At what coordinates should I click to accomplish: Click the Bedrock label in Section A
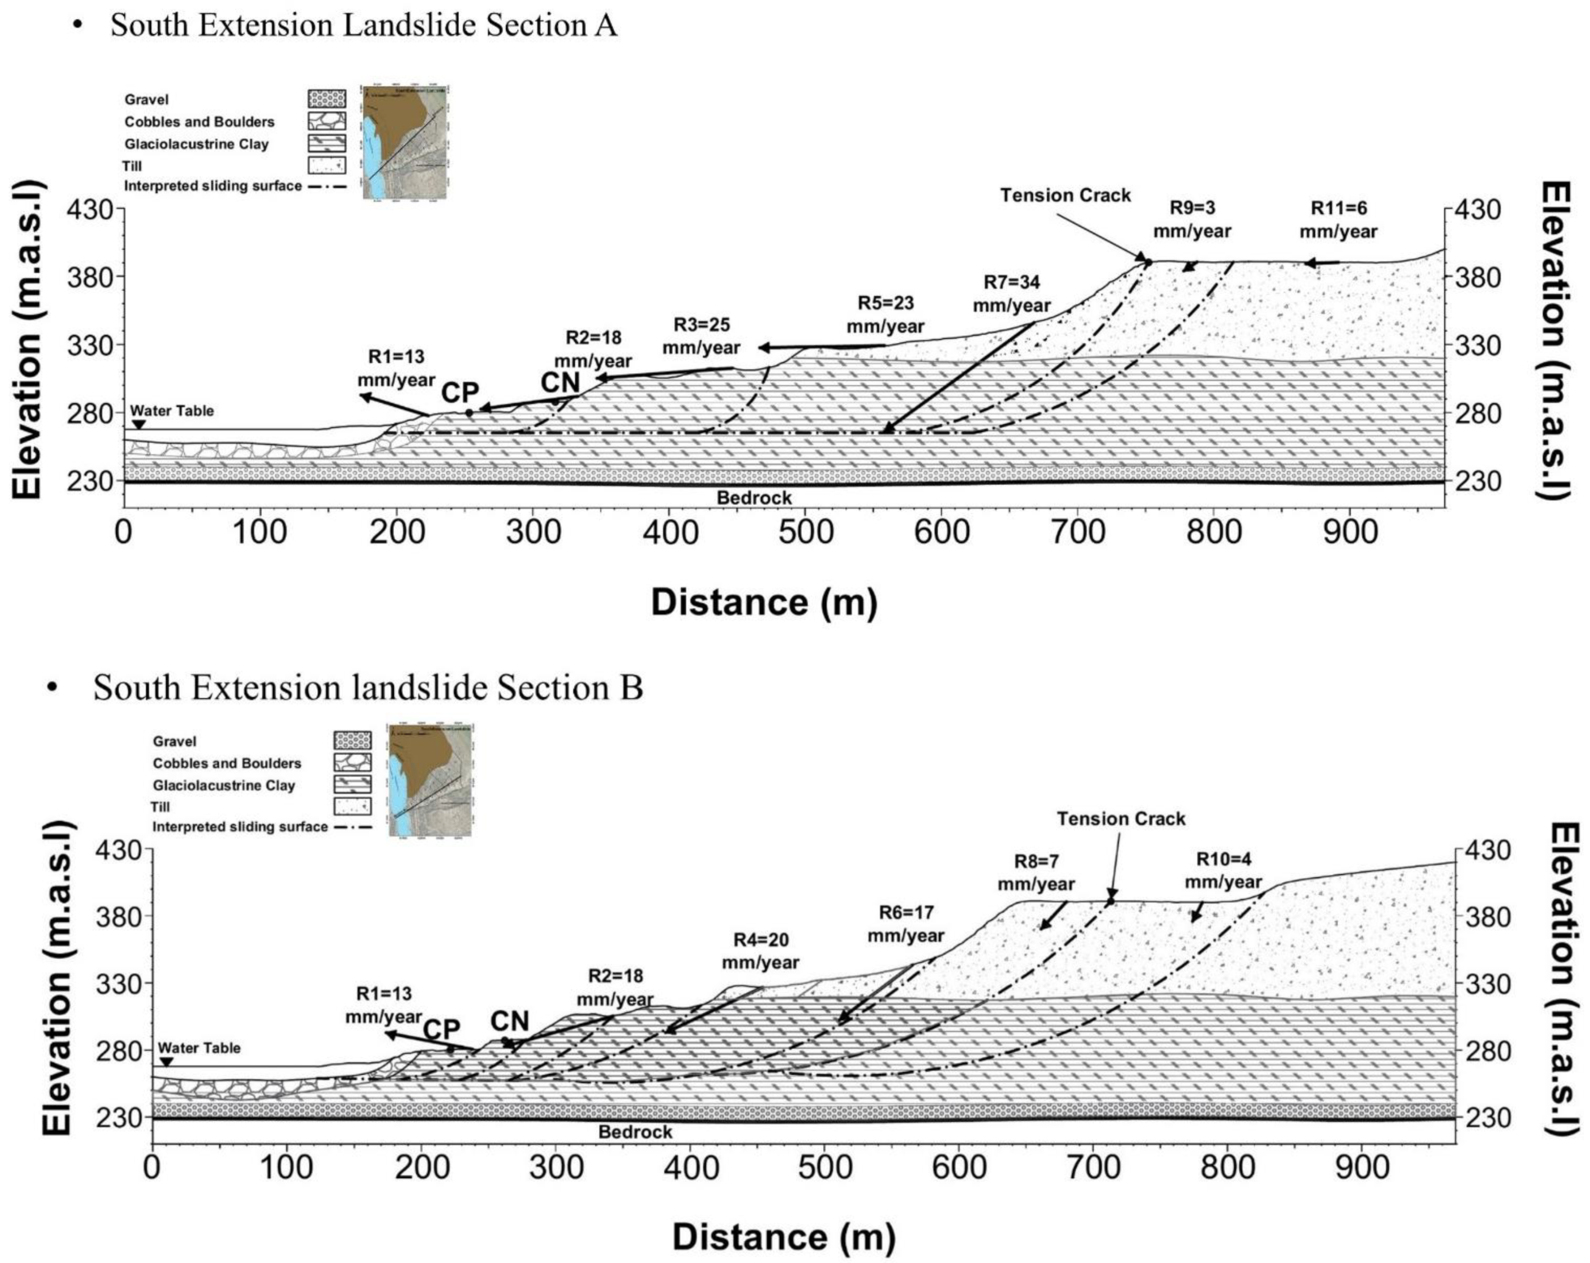pyautogui.click(x=754, y=497)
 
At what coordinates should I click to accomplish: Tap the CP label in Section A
pyautogui.click(x=460, y=393)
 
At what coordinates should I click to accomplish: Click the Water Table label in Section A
pyautogui.click(x=172, y=411)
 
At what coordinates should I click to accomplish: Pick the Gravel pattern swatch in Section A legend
pyautogui.click(x=327, y=99)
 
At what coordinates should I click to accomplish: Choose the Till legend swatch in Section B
pyautogui.click(x=352, y=806)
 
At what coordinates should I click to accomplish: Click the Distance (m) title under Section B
pyautogui.click(x=783, y=1236)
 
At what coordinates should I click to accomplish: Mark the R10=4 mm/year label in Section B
pyautogui.click(x=1223, y=871)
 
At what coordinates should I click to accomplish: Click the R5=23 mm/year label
pyautogui.click(x=885, y=315)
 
